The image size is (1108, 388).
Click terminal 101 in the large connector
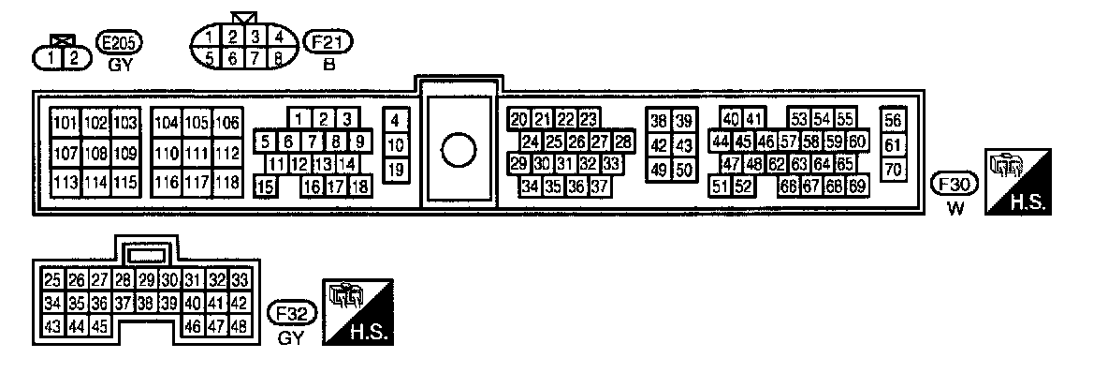[66, 124]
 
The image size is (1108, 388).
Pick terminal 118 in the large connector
[226, 182]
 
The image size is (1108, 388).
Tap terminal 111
[197, 153]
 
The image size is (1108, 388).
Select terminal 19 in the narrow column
[395, 170]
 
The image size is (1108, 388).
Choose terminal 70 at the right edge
[894, 170]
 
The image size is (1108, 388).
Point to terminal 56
[894, 120]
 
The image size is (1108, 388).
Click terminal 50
[684, 170]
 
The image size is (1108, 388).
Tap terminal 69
[856, 186]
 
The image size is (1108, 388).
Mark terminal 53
[799, 119]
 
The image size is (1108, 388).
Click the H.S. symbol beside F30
[1018, 182]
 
